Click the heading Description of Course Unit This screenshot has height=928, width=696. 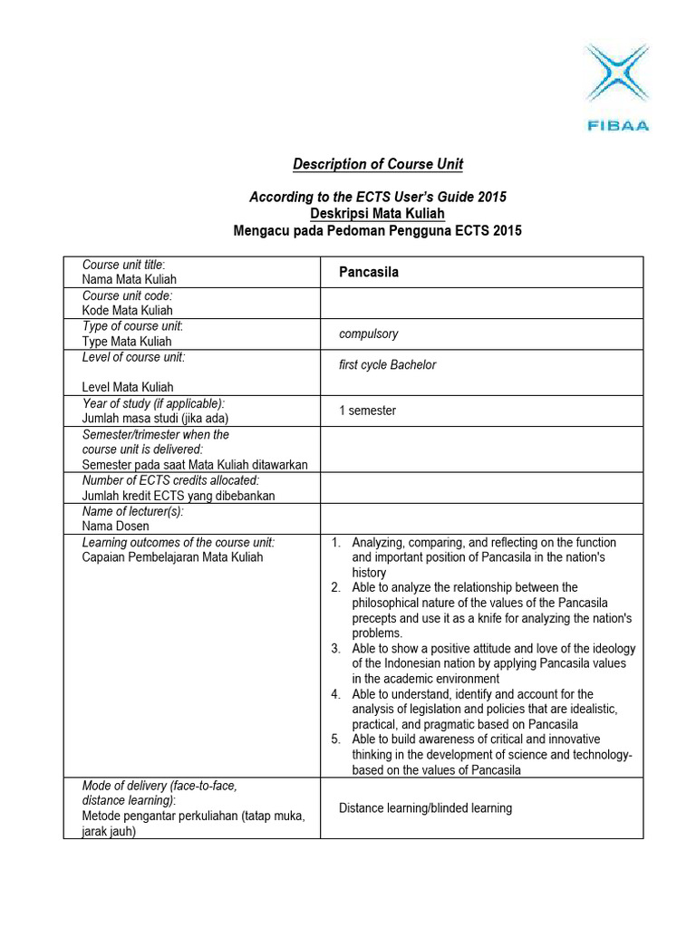[377, 164]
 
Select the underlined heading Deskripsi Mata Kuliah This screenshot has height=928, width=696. [377, 214]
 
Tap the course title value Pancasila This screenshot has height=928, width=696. [369, 272]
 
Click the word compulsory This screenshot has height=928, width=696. [368, 333]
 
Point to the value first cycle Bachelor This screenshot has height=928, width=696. [387, 365]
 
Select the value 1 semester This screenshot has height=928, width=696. [367, 411]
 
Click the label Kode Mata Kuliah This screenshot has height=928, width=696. [127, 310]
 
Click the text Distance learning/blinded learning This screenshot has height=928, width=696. [425, 807]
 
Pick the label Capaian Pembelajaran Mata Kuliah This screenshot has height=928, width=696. [172, 557]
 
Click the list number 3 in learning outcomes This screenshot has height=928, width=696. [335, 649]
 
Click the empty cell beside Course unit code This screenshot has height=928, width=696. [481, 303]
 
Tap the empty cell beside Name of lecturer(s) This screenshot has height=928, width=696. [481, 518]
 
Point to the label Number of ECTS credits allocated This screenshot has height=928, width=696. [170, 480]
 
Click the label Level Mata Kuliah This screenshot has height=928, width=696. [127, 387]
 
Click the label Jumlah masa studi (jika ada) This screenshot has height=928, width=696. [155, 418]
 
